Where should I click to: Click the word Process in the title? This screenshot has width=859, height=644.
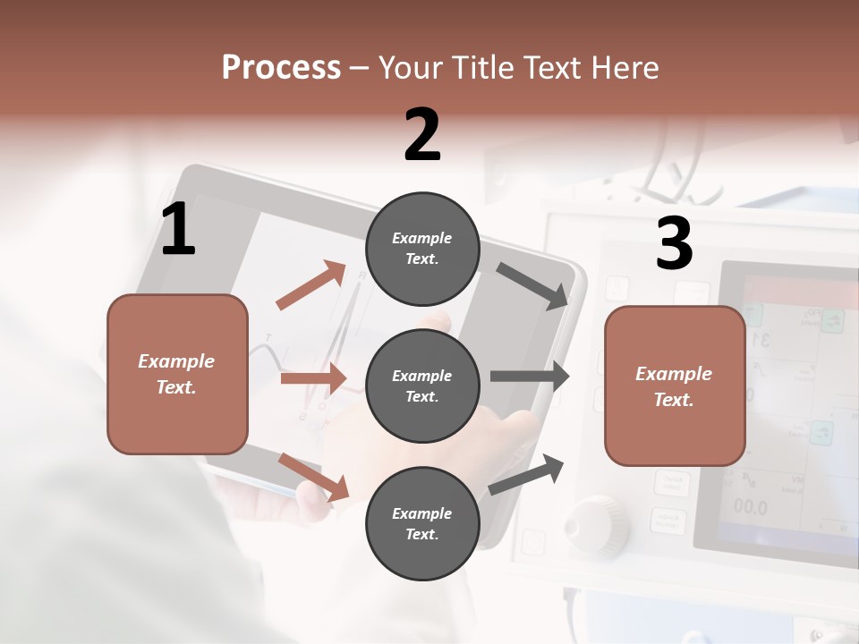pyautogui.click(x=281, y=67)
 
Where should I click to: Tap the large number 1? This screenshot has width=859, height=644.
pyautogui.click(x=178, y=230)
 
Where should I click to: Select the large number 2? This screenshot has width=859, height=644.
pyautogui.click(x=422, y=134)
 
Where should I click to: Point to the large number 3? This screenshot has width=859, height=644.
pyautogui.click(x=674, y=244)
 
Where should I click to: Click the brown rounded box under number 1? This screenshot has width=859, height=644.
pyautogui.click(x=177, y=374)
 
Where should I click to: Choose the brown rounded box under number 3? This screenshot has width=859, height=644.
pyautogui.click(x=675, y=386)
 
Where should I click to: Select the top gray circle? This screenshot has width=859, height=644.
pyautogui.click(x=422, y=249)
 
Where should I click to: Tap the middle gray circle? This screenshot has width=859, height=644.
pyautogui.click(x=422, y=386)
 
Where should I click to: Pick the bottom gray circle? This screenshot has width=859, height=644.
pyautogui.click(x=422, y=523)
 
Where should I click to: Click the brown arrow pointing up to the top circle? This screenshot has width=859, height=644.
pyautogui.click(x=311, y=285)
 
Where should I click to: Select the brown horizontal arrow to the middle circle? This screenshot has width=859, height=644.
pyautogui.click(x=313, y=378)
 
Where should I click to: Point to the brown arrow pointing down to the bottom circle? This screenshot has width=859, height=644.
pyautogui.click(x=313, y=477)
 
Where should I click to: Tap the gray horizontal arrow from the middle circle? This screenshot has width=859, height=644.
pyautogui.click(x=530, y=377)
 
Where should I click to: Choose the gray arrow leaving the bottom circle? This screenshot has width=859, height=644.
pyautogui.click(x=526, y=474)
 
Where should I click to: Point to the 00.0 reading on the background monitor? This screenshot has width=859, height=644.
pyautogui.click(x=750, y=507)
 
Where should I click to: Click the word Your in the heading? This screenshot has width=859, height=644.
pyautogui.click(x=411, y=67)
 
